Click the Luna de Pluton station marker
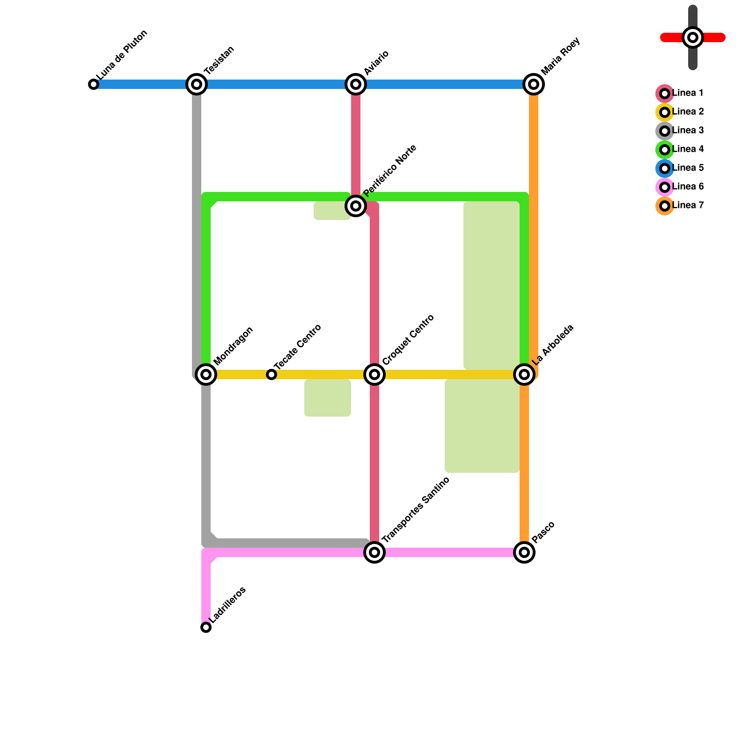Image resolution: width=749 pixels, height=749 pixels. tap(94, 84)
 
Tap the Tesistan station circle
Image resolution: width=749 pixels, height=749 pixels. tap(197, 84)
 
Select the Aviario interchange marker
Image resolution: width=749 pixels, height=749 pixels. tap(356, 84)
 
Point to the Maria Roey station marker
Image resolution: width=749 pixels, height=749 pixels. tap(534, 84)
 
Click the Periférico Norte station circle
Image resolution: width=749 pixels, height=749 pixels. tap(356, 206)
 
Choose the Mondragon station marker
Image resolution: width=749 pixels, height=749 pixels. tap(206, 374)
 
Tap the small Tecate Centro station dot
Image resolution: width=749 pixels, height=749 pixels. tap(272, 374)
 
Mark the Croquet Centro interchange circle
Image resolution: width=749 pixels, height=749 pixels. tap(374, 374)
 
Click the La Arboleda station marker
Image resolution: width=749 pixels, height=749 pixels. tap(524, 374)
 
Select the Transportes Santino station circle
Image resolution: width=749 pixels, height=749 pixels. tap(374, 552)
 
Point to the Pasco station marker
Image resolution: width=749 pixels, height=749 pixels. tap(524, 552)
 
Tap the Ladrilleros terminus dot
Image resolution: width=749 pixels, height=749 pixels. tap(206, 627)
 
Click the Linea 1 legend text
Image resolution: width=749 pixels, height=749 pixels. tap(688, 93)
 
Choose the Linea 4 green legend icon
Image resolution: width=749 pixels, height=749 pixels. tap(665, 150)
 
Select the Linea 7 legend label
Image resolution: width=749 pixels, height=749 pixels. tap(688, 206)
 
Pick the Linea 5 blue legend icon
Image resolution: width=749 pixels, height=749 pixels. tap(665, 169)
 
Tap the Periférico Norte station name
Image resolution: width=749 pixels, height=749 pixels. tap(389, 171)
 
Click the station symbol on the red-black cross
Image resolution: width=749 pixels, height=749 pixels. tap(693, 37)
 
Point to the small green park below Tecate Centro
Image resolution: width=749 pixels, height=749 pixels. tap(328, 398)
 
